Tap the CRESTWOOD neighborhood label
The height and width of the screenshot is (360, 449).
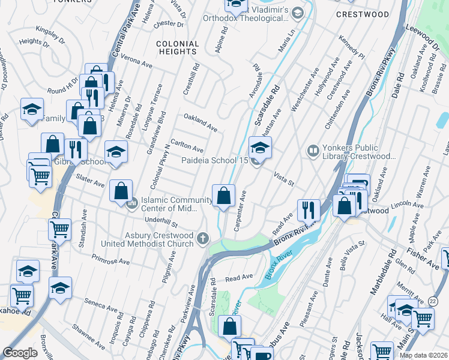tap(363, 14)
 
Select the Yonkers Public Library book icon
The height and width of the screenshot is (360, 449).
tap(313, 150)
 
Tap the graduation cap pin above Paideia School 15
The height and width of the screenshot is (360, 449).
tap(260, 148)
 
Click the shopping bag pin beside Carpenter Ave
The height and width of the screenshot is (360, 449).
tap(224, 196)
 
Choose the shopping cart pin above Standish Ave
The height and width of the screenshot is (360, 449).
tap(60, 229)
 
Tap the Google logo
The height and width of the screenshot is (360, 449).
tap(20, 353)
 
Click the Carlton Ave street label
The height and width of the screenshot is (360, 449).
tap(187, 148)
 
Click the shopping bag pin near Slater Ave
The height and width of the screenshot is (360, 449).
tap(121, 191)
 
